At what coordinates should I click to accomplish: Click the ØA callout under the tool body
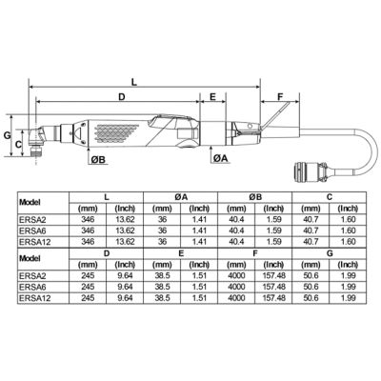point(219,157)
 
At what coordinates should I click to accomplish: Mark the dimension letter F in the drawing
point(281,97)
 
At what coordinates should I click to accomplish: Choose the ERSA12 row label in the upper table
point(36,242)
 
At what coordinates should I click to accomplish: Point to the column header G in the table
point(329,254)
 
